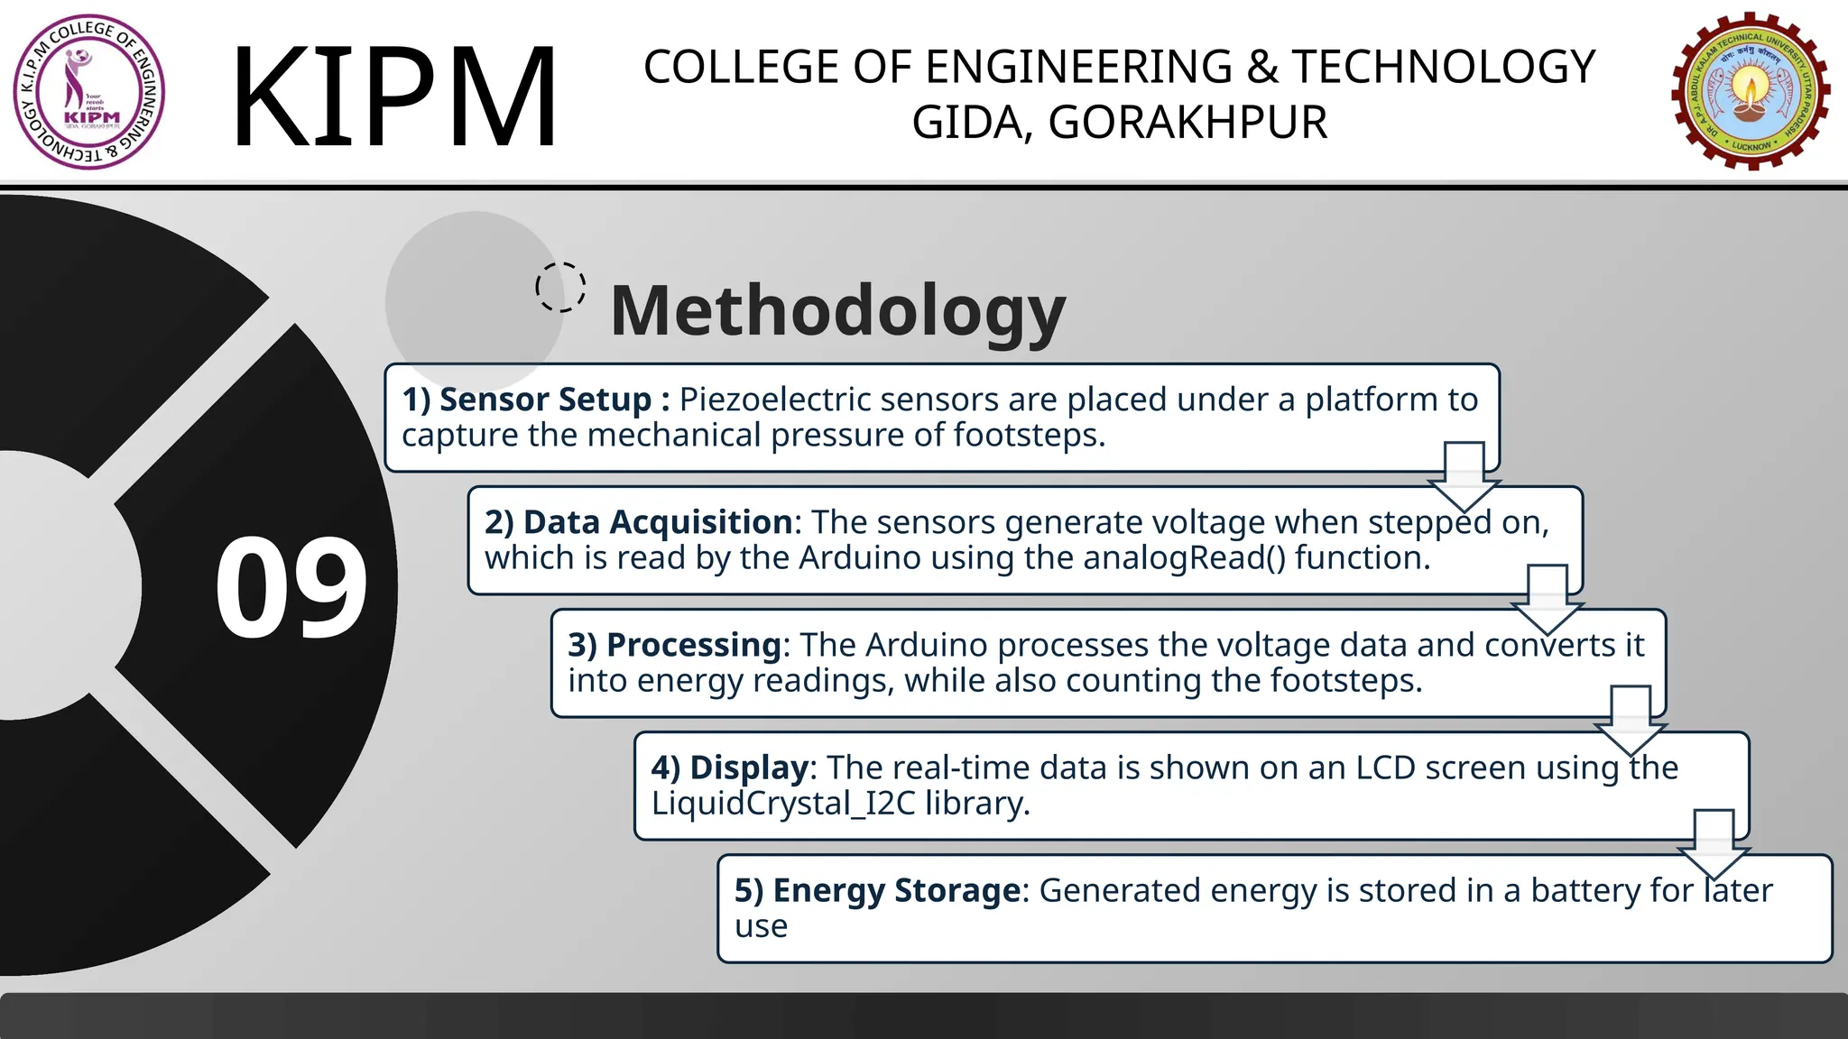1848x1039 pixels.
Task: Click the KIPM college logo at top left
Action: pyautogui.click(x=89, y=92)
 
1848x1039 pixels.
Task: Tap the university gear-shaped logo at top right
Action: pyautogui.click(x=1750, y=91)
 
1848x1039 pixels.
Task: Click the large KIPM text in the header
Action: pyautogui.click(x=394, y=96)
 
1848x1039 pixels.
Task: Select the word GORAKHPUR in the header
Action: pyautogui.click(x=1187, y=123)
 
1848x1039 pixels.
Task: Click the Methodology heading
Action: pyautogui.click(x=837, y=310)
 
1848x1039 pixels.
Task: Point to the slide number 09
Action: pyautogui.click(x=291, y=588)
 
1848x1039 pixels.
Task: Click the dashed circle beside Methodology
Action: pyautogui.click(x=560, y=288)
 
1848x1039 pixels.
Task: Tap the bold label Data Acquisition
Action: pyautogui.click(x=657, y=522)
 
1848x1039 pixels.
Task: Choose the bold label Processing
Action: pyautogui.click(x=693, y=645)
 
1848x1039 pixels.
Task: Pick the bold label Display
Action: pyautogui.click(x=749, y=768)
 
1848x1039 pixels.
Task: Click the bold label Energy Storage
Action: pyautogui.click(x=897, y=890)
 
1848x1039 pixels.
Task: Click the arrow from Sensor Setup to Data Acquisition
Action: pyautogui.click(x=1464, y=476)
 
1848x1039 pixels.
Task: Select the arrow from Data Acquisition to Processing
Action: pyautogui.click(x=1547, y=599)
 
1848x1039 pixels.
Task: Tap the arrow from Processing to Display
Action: pyautogui.click(x=1630, y=720)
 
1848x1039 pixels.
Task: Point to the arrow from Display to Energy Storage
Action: pyautogui.click(x=1713, y=842)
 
